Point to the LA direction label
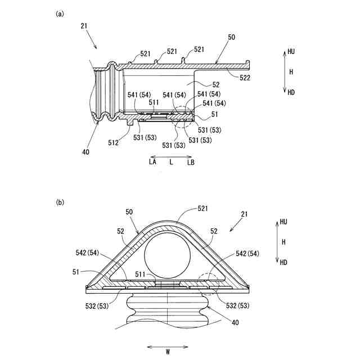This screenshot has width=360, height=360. click(152, 161)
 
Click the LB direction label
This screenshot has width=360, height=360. click(191, 161)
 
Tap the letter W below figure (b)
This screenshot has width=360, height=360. click(168, 353)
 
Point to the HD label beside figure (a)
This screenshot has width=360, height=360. click(291, 92)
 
